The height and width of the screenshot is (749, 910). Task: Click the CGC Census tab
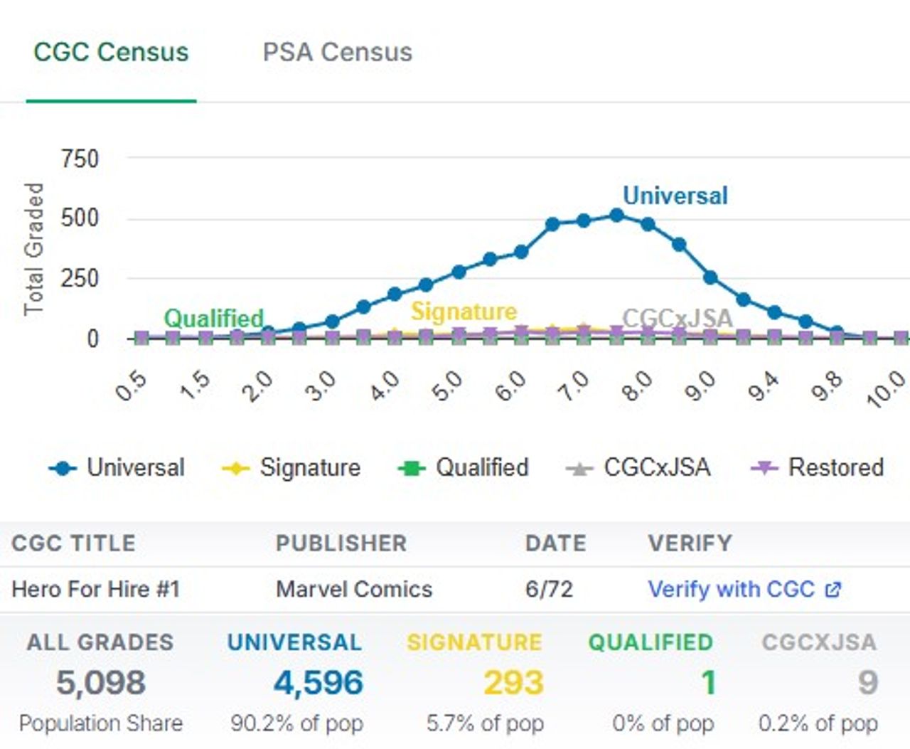(111, 52)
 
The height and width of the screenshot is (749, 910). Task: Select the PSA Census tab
(337, 52)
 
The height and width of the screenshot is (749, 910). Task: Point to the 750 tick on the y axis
(80, 158)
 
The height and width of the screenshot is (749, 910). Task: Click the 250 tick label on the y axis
(80, 277)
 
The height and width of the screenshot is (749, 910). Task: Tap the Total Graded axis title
(33, 248)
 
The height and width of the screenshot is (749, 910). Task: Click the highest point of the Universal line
(616, 215)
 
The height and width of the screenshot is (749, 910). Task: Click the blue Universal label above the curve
(675, 196)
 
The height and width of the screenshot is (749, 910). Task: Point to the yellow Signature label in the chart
(464, 311)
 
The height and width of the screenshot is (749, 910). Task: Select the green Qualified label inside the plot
(213, 318)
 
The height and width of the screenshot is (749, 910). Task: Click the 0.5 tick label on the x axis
(132, 386)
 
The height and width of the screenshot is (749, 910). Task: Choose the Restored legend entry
(818, 467)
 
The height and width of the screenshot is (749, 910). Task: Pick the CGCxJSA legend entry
(638, 467)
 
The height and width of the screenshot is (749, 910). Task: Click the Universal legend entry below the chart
(117, 467)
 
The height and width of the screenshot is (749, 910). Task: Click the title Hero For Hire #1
(95, 589)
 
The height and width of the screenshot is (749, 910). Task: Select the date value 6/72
(548, 589)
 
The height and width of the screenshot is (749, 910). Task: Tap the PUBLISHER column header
(341, 543)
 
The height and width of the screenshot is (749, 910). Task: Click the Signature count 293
(513, 683)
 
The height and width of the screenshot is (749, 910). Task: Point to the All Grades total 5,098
(100, 683)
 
